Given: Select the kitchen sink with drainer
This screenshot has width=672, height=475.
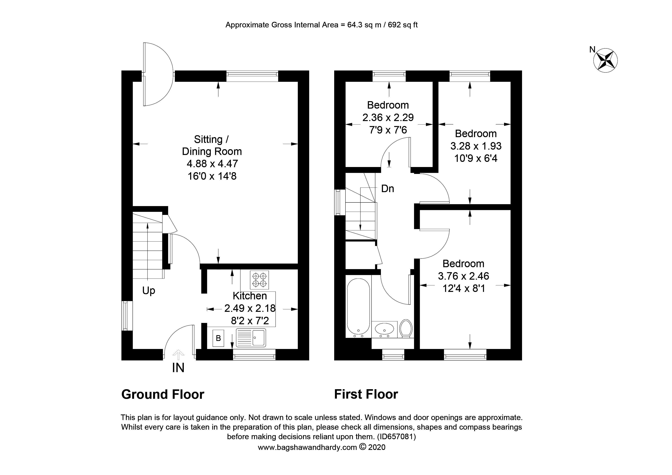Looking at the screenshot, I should pos(251,337).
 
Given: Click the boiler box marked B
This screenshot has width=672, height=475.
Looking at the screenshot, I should pos(218,338).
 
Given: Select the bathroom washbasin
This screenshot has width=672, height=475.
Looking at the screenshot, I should pos(384,329).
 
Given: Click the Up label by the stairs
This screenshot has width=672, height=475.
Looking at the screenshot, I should pos(148,291).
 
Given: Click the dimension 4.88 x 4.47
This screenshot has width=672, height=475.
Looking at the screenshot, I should pos(212,164).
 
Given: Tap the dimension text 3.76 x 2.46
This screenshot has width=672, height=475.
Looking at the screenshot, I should pos(463,276).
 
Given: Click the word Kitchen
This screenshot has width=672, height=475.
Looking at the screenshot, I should pos(250,296).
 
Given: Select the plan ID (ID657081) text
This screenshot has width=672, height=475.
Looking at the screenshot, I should pos(396,437).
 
